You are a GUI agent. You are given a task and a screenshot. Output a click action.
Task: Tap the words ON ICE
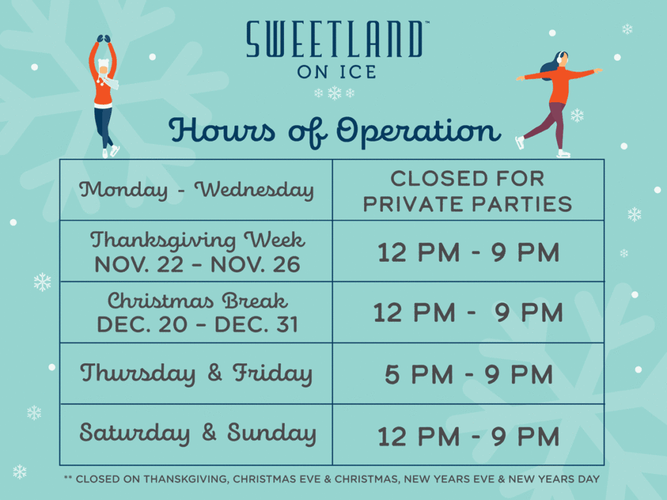click(x=337, y=72)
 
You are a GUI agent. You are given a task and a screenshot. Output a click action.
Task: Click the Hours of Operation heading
click(x=334, y=131)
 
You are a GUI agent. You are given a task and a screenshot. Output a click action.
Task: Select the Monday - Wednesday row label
click(x=197, y=189)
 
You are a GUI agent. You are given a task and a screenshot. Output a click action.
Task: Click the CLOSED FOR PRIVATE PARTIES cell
click(x=468, y=191)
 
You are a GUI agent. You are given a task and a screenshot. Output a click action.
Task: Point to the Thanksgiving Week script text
click(x=197, y=241)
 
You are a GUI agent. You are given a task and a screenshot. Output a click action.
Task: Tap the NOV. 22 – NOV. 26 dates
click(x=197, y=264)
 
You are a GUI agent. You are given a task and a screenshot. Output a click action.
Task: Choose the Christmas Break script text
click(x=197, y=301)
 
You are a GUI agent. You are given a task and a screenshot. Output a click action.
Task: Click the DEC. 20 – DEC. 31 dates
click(x=197, y=325)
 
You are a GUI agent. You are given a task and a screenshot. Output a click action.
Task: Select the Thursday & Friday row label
click(x=197, y=373)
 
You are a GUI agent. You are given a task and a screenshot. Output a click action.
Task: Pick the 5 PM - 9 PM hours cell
click(x=469, y=374)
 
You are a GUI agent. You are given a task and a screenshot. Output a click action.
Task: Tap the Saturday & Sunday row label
click(x=198, y=433)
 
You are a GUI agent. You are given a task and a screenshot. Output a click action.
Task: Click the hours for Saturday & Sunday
click(x=469, y=437)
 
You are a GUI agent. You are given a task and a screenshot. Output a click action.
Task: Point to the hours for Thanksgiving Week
click(x=469, y=253)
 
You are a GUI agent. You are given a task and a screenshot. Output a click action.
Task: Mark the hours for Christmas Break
click(x=469, y=313)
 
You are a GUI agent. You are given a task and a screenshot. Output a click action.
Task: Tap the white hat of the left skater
click(x=104, y=64)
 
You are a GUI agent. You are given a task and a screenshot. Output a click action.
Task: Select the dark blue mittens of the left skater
click(x=104, y=38)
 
